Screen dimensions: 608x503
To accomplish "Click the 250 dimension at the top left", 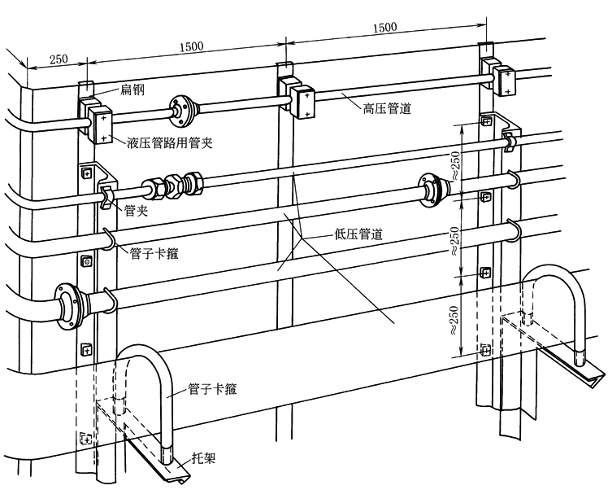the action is click(59, 59).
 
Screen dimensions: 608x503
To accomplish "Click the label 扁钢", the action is click(132, 90).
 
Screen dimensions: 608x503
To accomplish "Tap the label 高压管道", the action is click(387, 108).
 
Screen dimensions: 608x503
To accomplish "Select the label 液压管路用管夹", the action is click(170, 143).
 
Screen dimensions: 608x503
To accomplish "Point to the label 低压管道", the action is click(358, 234).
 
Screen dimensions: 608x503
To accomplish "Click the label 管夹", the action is click(136, 211).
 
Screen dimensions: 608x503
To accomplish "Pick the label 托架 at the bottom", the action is click(203, 459).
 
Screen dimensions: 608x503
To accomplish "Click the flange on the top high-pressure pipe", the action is click(181, 110).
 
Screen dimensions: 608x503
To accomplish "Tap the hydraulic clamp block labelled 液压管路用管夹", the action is click(95, 120).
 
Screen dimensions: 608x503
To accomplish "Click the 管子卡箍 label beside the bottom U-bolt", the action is click(212, 389).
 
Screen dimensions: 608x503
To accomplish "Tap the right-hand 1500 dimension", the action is click(385, 27).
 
